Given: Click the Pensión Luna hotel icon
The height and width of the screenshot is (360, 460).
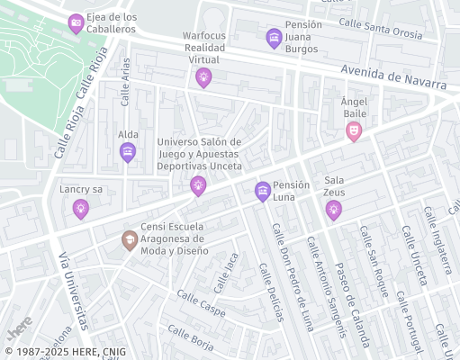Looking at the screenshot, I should (x=262, y=190).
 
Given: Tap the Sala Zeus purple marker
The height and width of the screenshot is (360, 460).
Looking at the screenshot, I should (x=334, y=210).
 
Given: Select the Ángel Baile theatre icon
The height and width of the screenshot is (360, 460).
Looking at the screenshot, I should (x=354, y=131).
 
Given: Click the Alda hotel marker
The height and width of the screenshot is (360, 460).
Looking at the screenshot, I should (x=128, y=152).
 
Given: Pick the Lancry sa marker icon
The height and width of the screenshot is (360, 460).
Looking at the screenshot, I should (x=81, y=208).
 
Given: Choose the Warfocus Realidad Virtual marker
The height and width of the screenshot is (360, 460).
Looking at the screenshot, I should (x=203, y=77).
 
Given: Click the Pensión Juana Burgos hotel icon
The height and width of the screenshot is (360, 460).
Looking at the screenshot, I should (x=274, y=38).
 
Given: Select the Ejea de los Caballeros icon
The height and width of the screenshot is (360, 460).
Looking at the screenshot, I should (x=76, y=23).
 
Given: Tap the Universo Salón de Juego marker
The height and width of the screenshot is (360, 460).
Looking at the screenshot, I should (x=198, y=185).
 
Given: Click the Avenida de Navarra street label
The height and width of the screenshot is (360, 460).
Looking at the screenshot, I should (x=393, y=78).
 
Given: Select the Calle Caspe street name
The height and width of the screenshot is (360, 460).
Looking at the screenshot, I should (x=201, y=303).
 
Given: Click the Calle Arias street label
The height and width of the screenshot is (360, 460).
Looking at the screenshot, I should (x=125, y=82).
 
